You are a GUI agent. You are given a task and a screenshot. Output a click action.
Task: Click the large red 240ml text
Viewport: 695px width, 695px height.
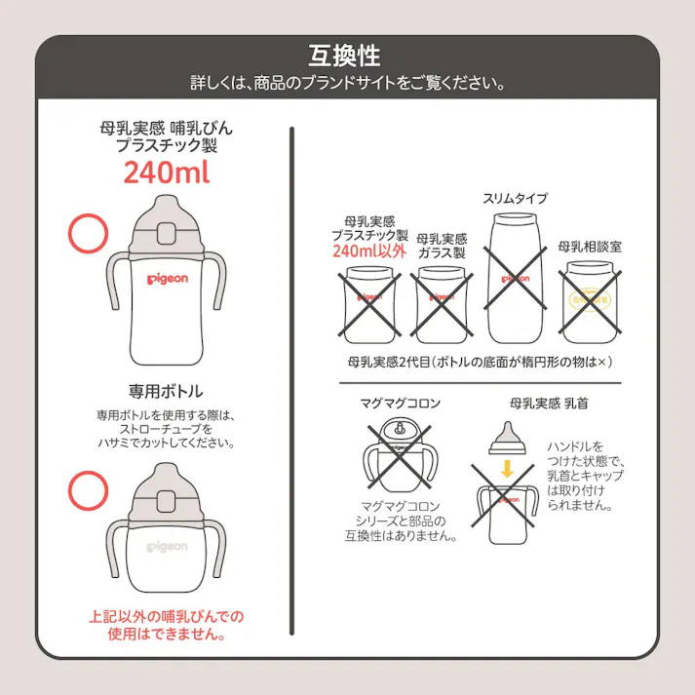tap(166, 172)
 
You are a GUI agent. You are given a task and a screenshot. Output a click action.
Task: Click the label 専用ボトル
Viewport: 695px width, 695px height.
tap(166, 391)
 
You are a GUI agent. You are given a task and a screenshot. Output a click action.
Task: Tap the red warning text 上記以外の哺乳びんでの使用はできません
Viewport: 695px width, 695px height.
tap(166, 625)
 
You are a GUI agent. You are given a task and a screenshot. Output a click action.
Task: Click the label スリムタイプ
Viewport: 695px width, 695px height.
tap(515, 199)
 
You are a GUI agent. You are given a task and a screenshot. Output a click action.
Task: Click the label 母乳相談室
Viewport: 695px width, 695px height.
tap(590, 248)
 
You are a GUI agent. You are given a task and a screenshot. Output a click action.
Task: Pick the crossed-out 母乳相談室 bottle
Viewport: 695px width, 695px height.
tap(590, 301)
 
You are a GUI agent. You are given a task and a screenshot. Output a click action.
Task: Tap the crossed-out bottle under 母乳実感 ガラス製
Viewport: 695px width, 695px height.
tap(442, 305)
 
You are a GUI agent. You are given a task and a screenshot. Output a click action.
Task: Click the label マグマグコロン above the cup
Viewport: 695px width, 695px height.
tap(401, 403)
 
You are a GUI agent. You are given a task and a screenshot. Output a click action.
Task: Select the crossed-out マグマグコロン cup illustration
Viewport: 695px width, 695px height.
tap(401, 455)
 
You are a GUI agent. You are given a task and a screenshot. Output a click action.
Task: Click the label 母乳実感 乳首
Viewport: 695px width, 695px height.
tap(548, 403)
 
